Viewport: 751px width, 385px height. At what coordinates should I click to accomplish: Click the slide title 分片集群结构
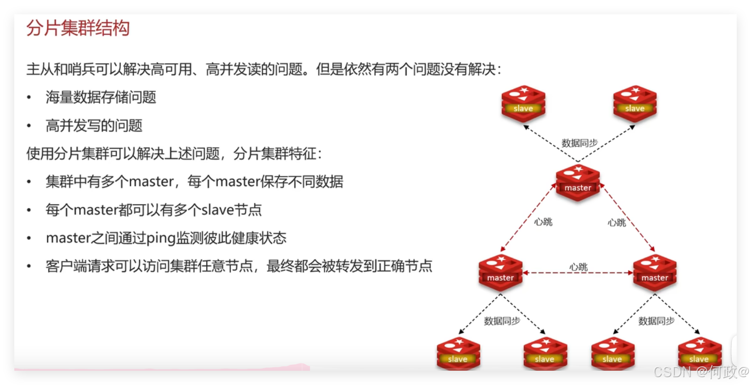(x=78, y=28)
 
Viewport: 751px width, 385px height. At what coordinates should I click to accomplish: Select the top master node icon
(x=577, y=183)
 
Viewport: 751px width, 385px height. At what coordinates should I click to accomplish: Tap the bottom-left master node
(x=501, y=272)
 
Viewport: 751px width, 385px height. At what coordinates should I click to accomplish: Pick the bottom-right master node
(x=655, y=272)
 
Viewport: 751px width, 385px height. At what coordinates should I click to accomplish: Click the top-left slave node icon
(x=523, y=103)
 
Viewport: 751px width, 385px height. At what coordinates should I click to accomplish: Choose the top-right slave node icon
(x=635, y=103)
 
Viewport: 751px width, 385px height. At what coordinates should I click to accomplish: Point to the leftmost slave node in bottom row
(x=458, y=354)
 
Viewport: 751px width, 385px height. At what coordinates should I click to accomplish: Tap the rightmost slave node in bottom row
(x=699, y=354)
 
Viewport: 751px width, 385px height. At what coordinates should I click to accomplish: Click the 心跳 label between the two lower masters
(x=578, y=267)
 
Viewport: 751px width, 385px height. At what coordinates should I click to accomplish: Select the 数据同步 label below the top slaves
(x=579, y=143)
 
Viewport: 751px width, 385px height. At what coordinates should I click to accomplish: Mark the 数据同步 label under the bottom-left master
(x=502, y=321)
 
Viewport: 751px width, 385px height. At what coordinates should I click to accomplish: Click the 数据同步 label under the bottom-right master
(x=656, y=321)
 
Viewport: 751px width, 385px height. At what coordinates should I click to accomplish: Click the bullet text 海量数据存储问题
(x=101, y=97)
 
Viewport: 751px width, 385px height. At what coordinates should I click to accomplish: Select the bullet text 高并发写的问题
(x=94, y=126)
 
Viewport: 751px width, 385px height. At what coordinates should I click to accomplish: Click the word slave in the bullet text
(x=217, y=210)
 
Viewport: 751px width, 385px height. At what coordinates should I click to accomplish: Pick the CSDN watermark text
(x=672, y=372)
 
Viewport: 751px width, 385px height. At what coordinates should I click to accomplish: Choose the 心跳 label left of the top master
(x=543, y=222)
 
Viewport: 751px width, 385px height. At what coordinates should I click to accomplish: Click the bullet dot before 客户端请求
(x=30, y=267)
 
